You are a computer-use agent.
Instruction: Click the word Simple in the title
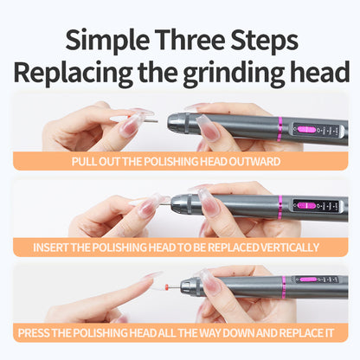tap(107, 41)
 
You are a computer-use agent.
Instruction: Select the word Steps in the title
tap(264, 41)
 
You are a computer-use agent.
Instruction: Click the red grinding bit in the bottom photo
tap(166, 286)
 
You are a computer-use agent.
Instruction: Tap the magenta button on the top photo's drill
tap(306, 129)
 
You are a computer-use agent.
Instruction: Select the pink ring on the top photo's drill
tap(280, 129)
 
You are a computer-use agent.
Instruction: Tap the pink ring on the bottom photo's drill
tap(284, 287)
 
